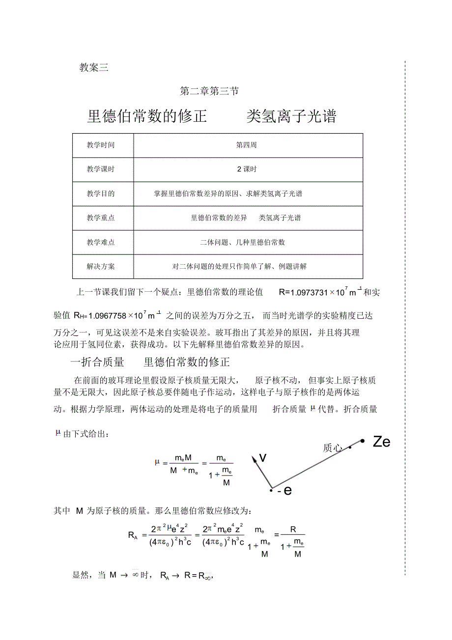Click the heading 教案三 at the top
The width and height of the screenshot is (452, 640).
click(x=93, y=68)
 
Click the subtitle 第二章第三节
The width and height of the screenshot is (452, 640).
click(x=209, y=91)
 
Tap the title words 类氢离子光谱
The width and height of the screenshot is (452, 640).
click(x=291, y=116)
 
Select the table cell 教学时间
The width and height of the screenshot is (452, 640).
click(x=101, y=145)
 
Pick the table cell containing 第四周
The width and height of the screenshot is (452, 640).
click(x=246, y=145)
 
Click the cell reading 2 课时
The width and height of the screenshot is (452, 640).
click(x=247, y=169)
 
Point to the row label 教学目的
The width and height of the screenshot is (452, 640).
click(x=101, y=194)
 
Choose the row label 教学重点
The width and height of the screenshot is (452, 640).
click(x=101, y=218)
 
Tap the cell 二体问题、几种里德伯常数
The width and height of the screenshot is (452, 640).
click(x=242, y=242)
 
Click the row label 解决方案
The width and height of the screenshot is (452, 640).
click(x=101, y=266)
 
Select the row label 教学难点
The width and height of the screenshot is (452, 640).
click(x=101, y=242)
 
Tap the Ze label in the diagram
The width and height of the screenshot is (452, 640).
click(x=381, y=442)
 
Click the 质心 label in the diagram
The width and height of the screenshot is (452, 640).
click(x=333, y=447)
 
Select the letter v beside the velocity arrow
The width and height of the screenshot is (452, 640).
click(x=263, y=458)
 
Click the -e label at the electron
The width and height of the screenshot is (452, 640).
click(x=284, y=490)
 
